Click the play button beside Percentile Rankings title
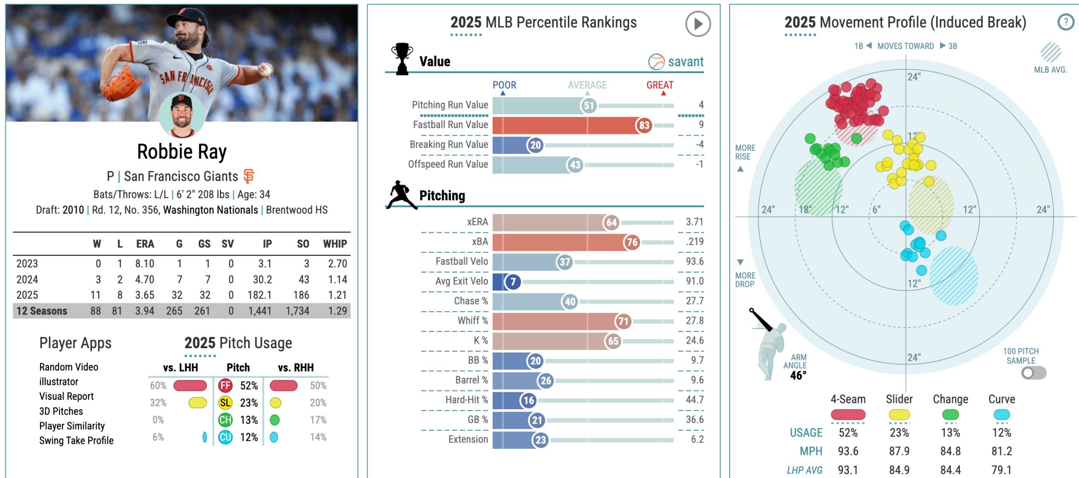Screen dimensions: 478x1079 [x=698, y=24]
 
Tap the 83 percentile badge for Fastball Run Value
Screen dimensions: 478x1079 [x=644, y=125]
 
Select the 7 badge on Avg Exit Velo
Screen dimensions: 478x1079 [x=513, y=282]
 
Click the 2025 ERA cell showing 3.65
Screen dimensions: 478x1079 [x=144, y=295]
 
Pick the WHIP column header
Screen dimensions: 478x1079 [x=335, y=244]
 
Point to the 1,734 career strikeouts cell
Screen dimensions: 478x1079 [x=297, y=311]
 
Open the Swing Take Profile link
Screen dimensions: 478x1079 [x=76, y=441]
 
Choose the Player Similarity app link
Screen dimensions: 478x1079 [x=72, y=426]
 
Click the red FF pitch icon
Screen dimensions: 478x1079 [x=225, y=385]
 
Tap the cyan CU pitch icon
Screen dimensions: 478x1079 [x=225, y=437]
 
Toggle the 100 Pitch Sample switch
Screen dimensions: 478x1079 [x=1033, y=373]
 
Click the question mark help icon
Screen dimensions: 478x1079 [x=1066, y=22]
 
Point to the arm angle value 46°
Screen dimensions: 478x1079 [x=798, y=376]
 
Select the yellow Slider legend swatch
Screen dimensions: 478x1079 [x=899, y=415]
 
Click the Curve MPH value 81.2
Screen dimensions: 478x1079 [x=1002, y=451]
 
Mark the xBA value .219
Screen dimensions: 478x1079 [x=695, y=242]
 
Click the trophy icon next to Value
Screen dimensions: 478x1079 [x=401, y=58]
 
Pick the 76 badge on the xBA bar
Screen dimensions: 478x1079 [x=632, y=242]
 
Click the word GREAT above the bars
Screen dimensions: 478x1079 [x=660, y=85]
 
